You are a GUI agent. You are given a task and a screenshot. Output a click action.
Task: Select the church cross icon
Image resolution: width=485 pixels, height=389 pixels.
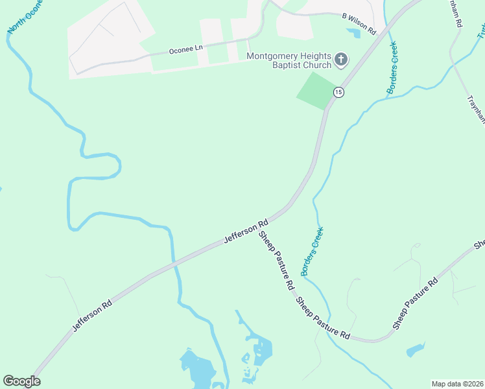(341, 61)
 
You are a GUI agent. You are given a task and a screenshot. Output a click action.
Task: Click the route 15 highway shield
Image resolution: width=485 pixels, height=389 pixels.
(338, 93)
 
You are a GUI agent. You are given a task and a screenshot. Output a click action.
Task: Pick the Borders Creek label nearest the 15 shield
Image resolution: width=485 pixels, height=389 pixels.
(392, 68)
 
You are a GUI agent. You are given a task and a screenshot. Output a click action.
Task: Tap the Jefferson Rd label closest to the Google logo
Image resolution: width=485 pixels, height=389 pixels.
(93, 316)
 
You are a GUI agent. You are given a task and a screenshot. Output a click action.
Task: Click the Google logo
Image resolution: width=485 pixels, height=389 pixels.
(21, 381)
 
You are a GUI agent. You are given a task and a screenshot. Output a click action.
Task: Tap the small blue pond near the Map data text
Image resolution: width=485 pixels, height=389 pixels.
(415, 351)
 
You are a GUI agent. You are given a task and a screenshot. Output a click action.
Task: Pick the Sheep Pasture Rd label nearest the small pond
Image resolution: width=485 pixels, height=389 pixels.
(415, 304)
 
